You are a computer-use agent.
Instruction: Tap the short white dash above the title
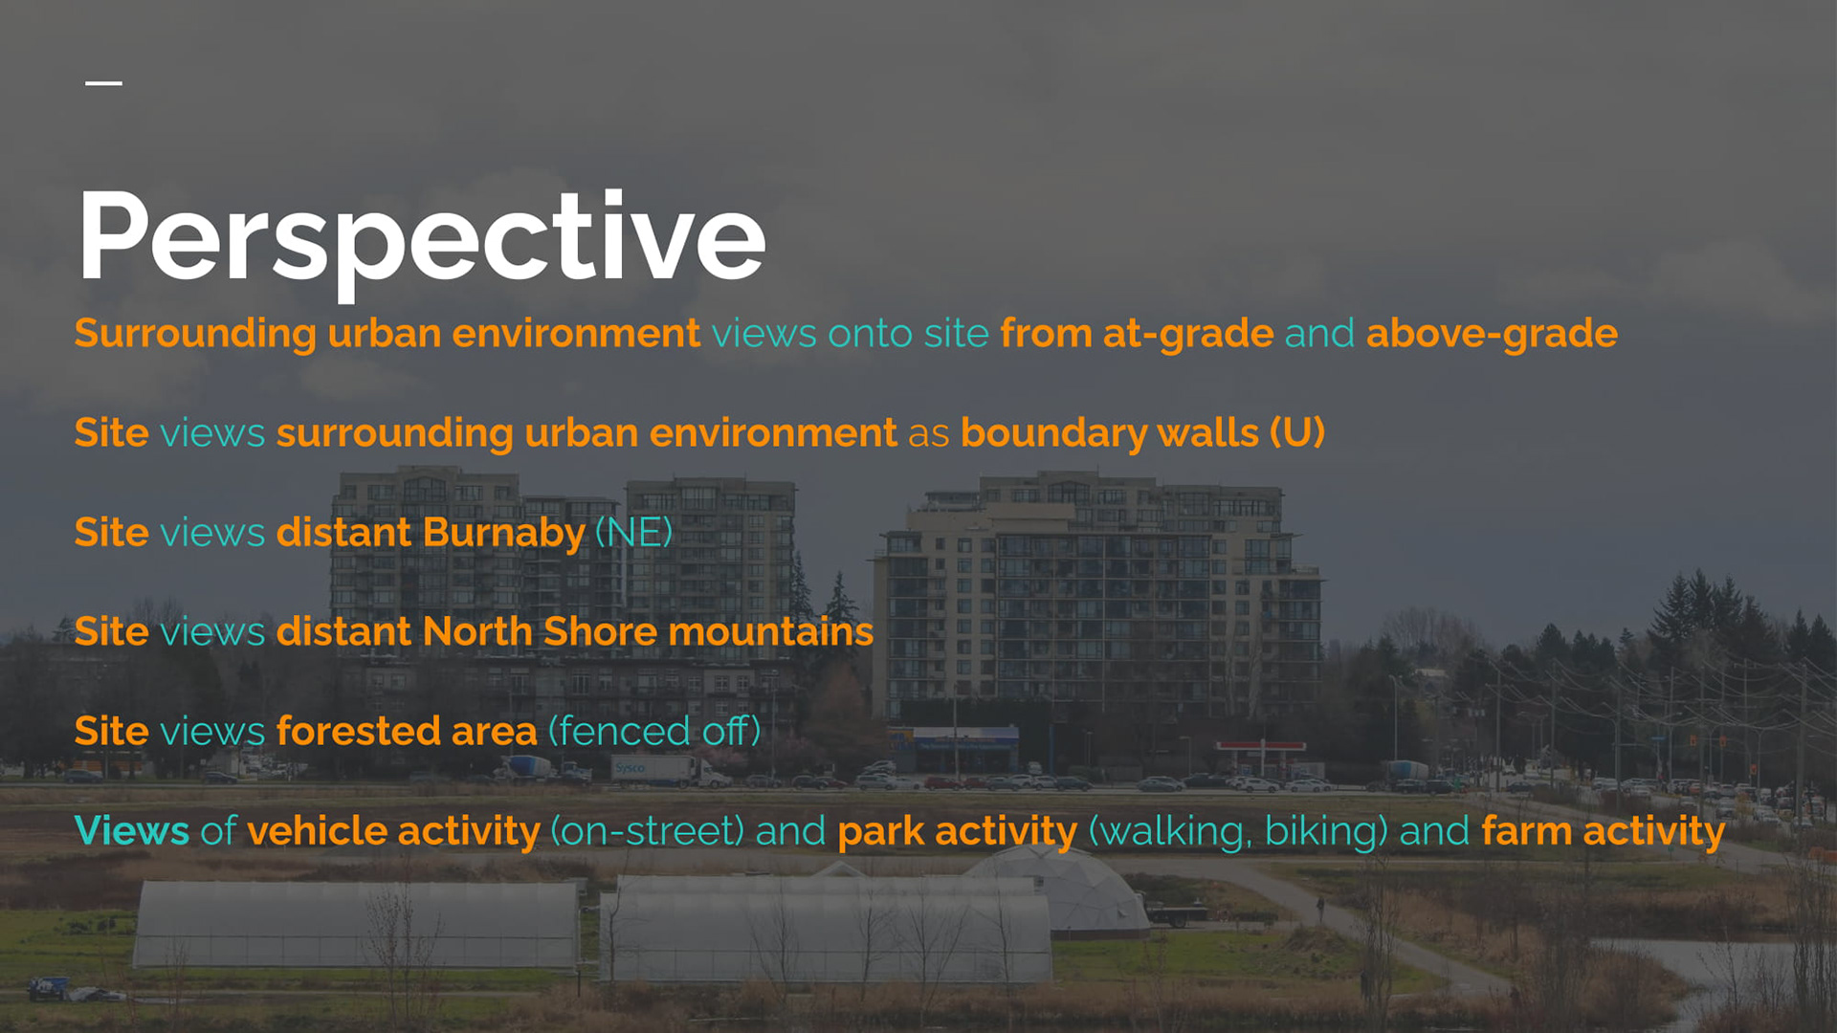pyautogui.click(x=103, y=83)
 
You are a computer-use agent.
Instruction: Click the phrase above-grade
pyautogui.click(x=1492, y=334)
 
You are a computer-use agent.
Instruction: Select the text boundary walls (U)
pyautogui.click(x=1142, y=433)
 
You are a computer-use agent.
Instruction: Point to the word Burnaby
pyautogui.click(x=503, y=533)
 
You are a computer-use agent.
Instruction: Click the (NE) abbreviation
pyautogui.click(x=633, y=533)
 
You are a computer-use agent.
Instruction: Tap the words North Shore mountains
pyautogui.click(x=648, y=631)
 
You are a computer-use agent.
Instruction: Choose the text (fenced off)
pyautogui.click(x=654, y=732)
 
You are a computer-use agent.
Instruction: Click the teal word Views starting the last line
pyautogui.click(x=132, y=830)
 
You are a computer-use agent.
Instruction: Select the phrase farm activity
pyautogui.click(x=1603, y=831)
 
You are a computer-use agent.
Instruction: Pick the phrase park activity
pyautogui.click(x=957, y=831)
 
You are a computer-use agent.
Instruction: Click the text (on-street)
pyautogui.click(x=648, y=831)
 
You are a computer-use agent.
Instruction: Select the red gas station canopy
pyautogui.click(x=1260, y=746)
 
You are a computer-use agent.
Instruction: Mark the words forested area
pyautogui.click(x=407, y=732)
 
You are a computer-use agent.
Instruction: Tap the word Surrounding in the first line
pyautogui.click(x=195, y=334)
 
